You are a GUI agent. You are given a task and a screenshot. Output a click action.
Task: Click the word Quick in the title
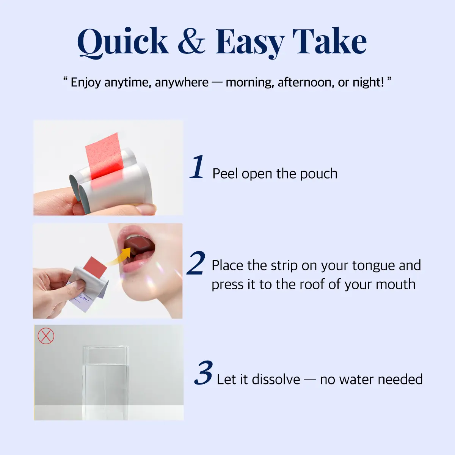122,42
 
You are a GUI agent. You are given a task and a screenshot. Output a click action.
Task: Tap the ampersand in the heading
191,41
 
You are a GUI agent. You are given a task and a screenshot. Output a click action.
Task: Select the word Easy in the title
250,44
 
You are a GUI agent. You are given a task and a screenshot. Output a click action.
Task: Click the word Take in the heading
329,41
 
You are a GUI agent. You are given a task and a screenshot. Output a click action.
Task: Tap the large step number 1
197,167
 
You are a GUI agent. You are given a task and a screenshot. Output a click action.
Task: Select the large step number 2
196,263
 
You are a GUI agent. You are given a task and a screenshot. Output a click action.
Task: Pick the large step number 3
203,373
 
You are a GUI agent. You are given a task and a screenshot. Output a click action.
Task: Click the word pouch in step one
318,174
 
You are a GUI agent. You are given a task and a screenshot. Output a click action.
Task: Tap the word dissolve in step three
276,380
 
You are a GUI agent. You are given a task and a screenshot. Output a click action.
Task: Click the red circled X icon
46,336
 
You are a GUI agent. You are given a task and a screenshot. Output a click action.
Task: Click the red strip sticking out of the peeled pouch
104,155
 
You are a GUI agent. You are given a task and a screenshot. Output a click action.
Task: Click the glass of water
106,383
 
